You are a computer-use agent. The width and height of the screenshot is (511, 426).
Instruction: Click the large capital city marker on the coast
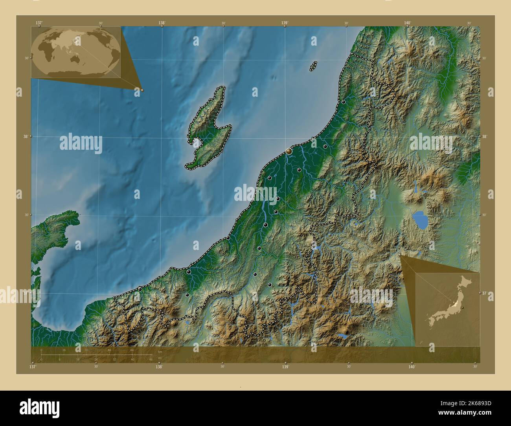pyautogui.click(x=289, y=151)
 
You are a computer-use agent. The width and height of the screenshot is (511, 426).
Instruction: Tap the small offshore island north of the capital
pyautogui.click(x=313, y=66)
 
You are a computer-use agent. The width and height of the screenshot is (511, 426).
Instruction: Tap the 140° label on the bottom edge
pyautogui.click(x=412, y=367)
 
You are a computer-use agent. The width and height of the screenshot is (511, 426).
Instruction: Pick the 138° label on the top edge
pyautogui.click(x=162, y=23)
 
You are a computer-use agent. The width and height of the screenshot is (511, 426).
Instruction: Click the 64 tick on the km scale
pyautogui.click(x=132, y=350)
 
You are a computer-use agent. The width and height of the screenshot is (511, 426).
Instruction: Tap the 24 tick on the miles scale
pyautogui.click(x=96, y=359)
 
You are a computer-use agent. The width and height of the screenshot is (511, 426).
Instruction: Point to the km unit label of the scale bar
pyautogui.click(x=160, y=352)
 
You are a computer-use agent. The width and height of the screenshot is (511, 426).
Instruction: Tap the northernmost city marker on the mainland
pyautogui.click(x=343, y=102)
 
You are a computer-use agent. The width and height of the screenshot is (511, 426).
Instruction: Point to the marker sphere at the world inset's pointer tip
pyautogui.click(x=142, y=90)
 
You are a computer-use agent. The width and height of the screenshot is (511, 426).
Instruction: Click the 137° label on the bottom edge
pyautogui.click(x=33, y=367)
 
